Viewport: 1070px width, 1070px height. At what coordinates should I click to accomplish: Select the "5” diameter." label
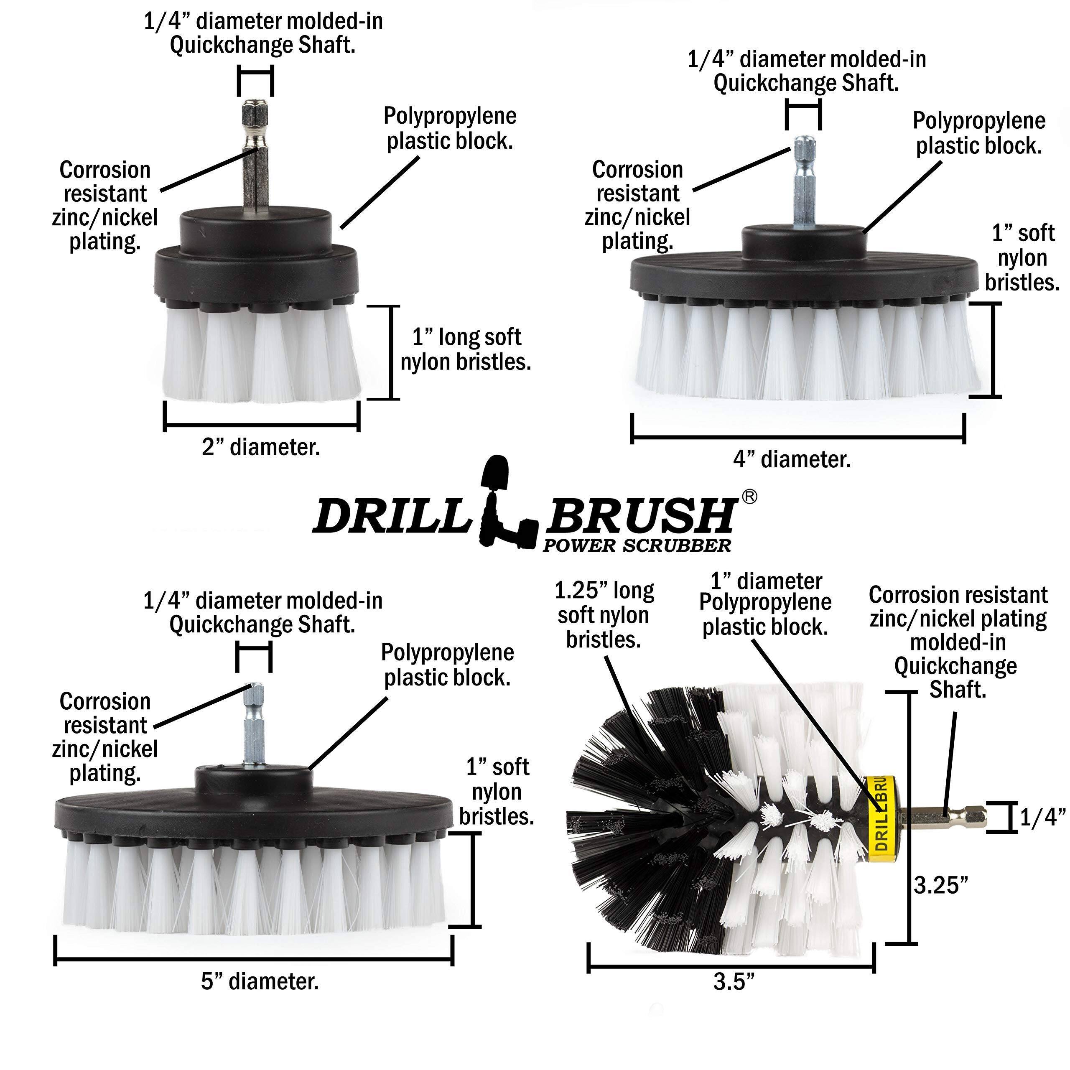tap(260, 982)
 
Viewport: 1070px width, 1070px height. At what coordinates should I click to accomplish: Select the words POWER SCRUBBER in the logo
tap(637, 545)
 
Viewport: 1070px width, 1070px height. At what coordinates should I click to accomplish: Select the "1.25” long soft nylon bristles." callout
tap(604, 615)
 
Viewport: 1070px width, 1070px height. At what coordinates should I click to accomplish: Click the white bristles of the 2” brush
tap(260, 354)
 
